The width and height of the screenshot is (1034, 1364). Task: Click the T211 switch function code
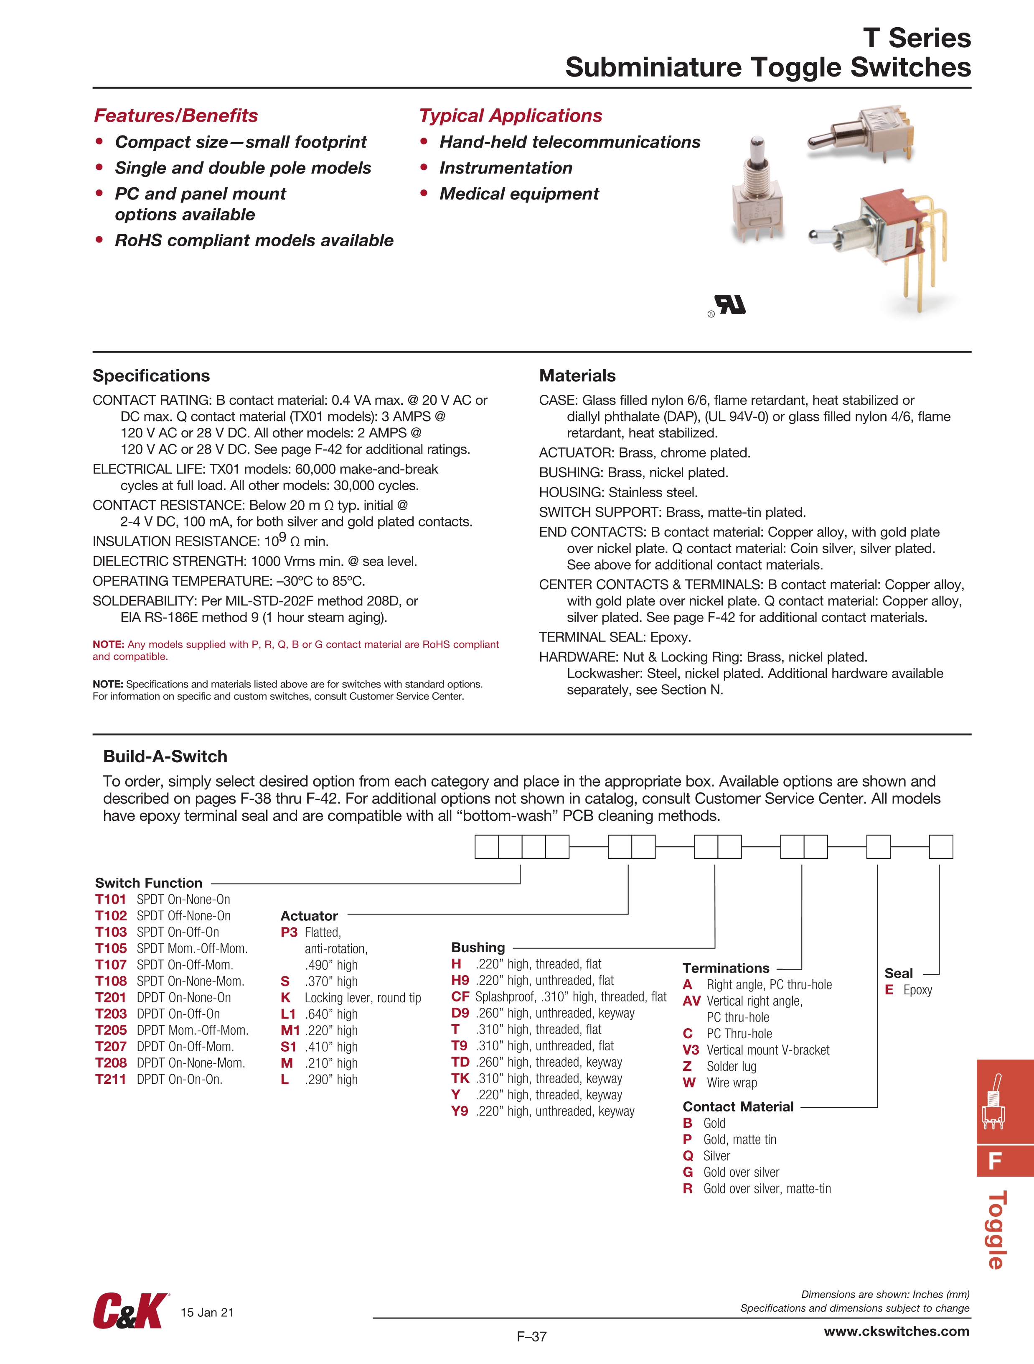110,1079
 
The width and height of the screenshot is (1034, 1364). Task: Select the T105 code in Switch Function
111,948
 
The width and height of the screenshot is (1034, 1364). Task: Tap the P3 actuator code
289,932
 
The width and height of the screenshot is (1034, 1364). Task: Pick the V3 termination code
691,1050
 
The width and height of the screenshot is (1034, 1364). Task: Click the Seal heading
899,973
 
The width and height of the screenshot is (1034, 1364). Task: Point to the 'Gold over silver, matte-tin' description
767,1188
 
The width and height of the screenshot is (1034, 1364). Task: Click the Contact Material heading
738,1106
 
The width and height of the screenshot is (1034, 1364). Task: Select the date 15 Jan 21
207,1312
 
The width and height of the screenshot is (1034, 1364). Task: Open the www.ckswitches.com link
896,1331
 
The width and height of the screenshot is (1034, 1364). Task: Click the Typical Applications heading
510,115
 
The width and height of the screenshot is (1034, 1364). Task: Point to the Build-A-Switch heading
165,756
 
